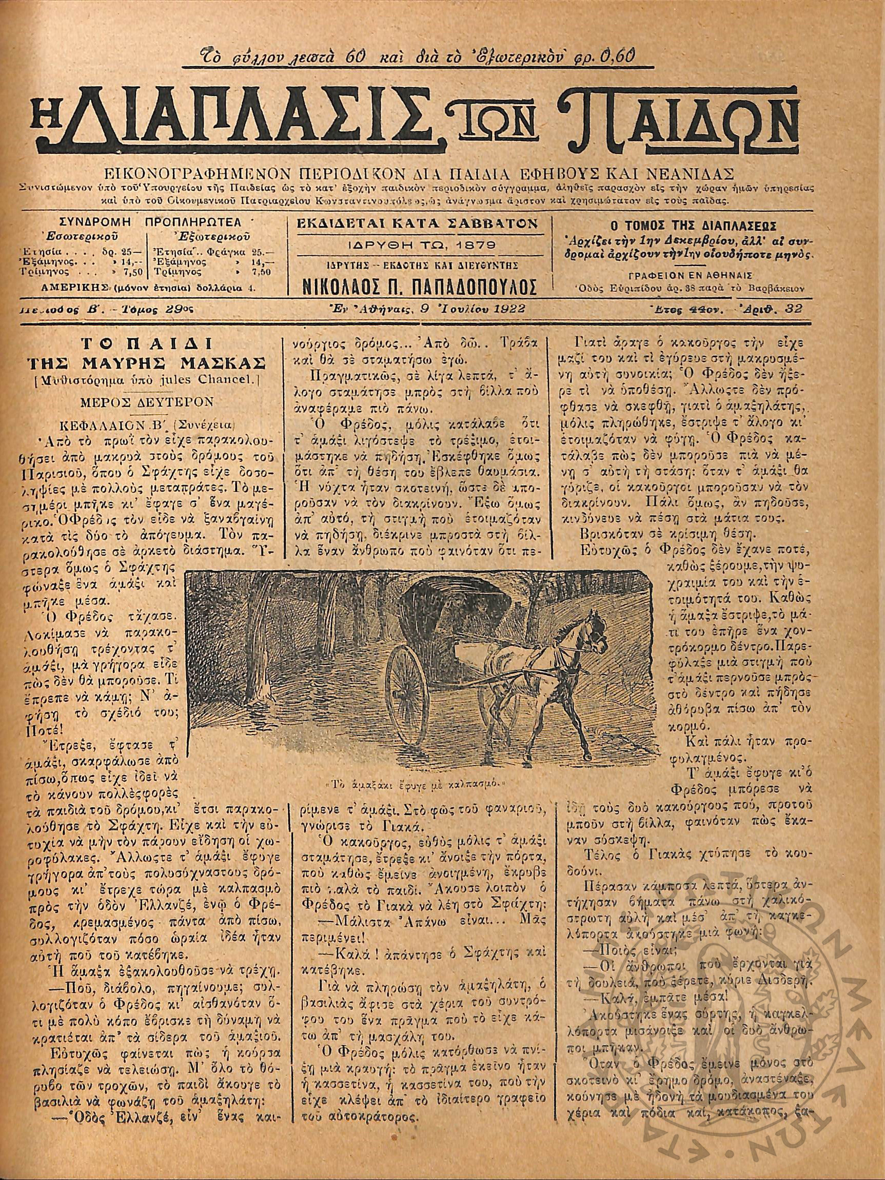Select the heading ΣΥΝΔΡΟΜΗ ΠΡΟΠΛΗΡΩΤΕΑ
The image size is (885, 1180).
[x=150, y=222]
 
